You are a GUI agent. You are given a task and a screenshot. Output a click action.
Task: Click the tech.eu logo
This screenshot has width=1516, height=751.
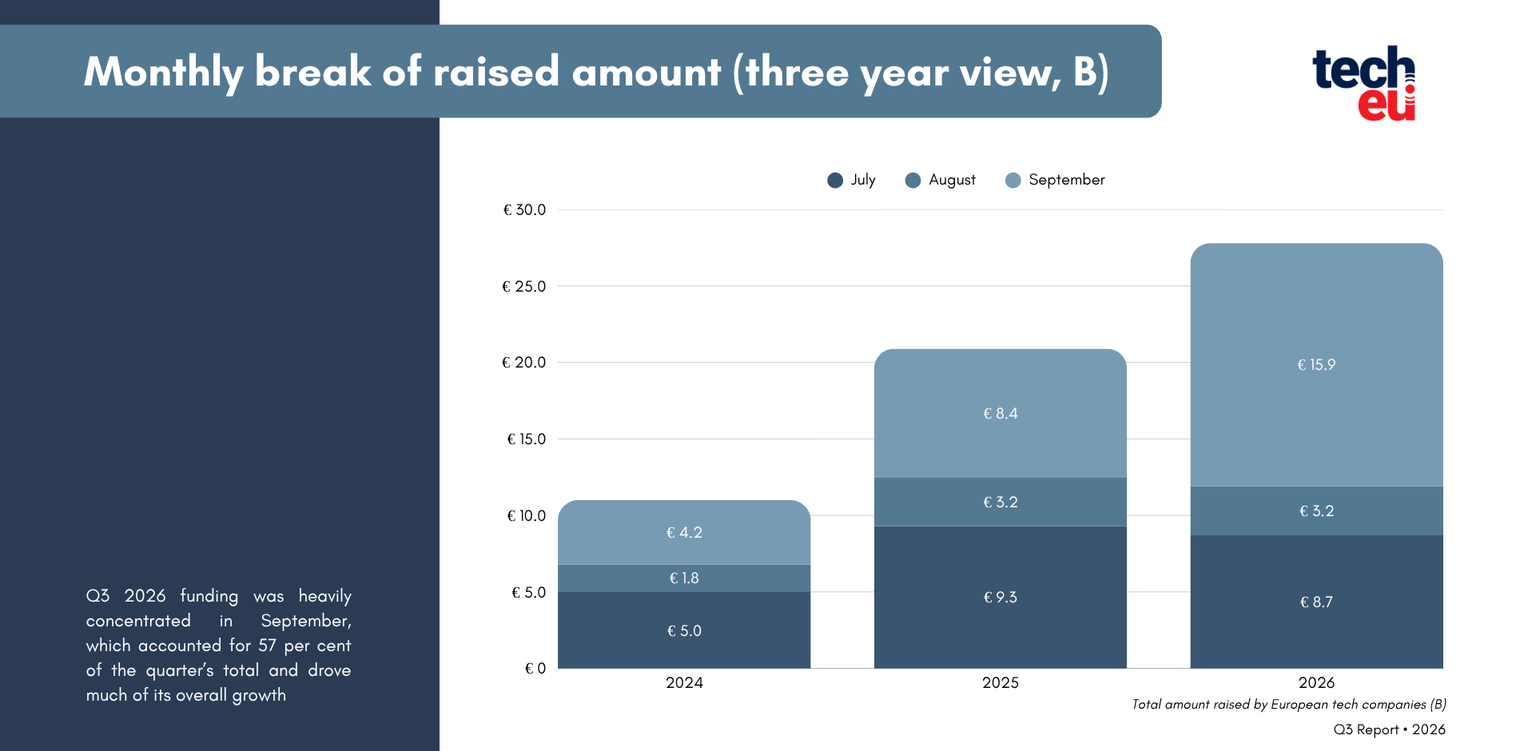[x=1364, y=83]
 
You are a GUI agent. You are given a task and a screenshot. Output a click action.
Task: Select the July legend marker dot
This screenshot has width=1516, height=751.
[x=835, y=181]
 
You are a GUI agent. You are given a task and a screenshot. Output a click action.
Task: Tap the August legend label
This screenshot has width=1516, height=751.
[x=952, y=180]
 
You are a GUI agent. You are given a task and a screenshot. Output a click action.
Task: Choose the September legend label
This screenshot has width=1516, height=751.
[x=1067, y=180]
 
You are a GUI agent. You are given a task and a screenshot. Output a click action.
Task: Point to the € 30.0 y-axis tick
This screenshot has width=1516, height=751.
[x=524, y=210]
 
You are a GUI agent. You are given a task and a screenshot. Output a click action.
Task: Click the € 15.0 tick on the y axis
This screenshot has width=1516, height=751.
[x=527, y=439]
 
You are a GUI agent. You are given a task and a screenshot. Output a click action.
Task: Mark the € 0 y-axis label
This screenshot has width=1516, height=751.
[x=535, y=669]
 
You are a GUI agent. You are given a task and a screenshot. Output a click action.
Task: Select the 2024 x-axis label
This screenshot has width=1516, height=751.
[x=684, y=683]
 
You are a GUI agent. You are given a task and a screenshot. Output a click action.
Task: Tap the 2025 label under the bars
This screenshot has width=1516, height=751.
[x=1001, y=683]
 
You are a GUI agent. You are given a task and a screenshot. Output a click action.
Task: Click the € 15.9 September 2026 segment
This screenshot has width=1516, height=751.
[x=1316, y=365]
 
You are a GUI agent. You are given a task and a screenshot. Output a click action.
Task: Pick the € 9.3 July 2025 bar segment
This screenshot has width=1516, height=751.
[x=1001, y=598]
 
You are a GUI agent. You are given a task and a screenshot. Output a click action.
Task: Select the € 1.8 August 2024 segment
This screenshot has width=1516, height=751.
[x=684, y=578]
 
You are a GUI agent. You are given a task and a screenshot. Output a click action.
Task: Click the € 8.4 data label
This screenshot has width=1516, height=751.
[x=1001, y=414]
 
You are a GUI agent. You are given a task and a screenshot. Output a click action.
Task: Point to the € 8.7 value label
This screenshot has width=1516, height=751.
[x=1316, y=602]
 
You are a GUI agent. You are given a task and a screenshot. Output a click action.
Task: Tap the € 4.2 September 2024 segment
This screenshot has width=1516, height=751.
[x=684, y=533]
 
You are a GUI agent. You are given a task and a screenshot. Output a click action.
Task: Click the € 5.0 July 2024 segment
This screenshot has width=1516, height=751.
[x=684, y=630]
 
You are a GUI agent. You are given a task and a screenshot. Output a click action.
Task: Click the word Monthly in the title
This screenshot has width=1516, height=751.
[x=164, y=73]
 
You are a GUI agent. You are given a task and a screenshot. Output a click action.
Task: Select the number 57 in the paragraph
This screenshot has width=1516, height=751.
[x=267, y=646]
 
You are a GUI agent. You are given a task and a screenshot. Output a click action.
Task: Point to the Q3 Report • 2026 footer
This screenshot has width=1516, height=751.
[x=1390, y=729]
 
